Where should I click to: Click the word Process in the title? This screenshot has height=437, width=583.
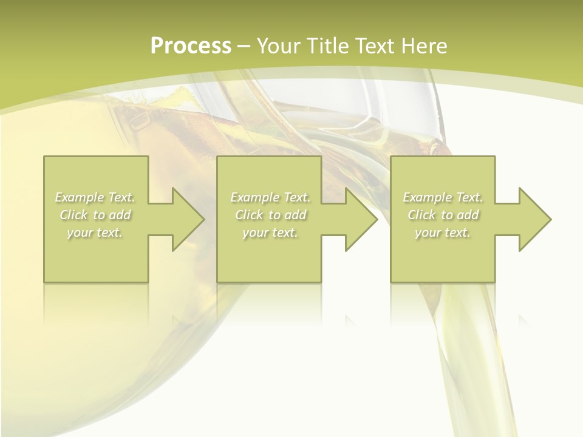point(191,46)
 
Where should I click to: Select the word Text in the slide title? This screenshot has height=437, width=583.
point(374,46)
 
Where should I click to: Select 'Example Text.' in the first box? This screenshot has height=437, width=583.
point(95,197)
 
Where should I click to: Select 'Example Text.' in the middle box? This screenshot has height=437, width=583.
point(270,197)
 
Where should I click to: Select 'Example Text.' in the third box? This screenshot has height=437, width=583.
point(442,197)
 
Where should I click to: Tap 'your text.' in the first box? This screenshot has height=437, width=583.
point(95,232)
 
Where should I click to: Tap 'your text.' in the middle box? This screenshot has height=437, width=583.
point(270,232)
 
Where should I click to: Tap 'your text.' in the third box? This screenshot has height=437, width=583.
point(442,232)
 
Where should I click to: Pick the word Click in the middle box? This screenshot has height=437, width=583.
point(248,215)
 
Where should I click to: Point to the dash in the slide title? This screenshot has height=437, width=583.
point(244,46)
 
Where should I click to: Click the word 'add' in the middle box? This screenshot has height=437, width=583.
point(295,215)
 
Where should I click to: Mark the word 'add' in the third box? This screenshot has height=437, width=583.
point(468,215)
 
